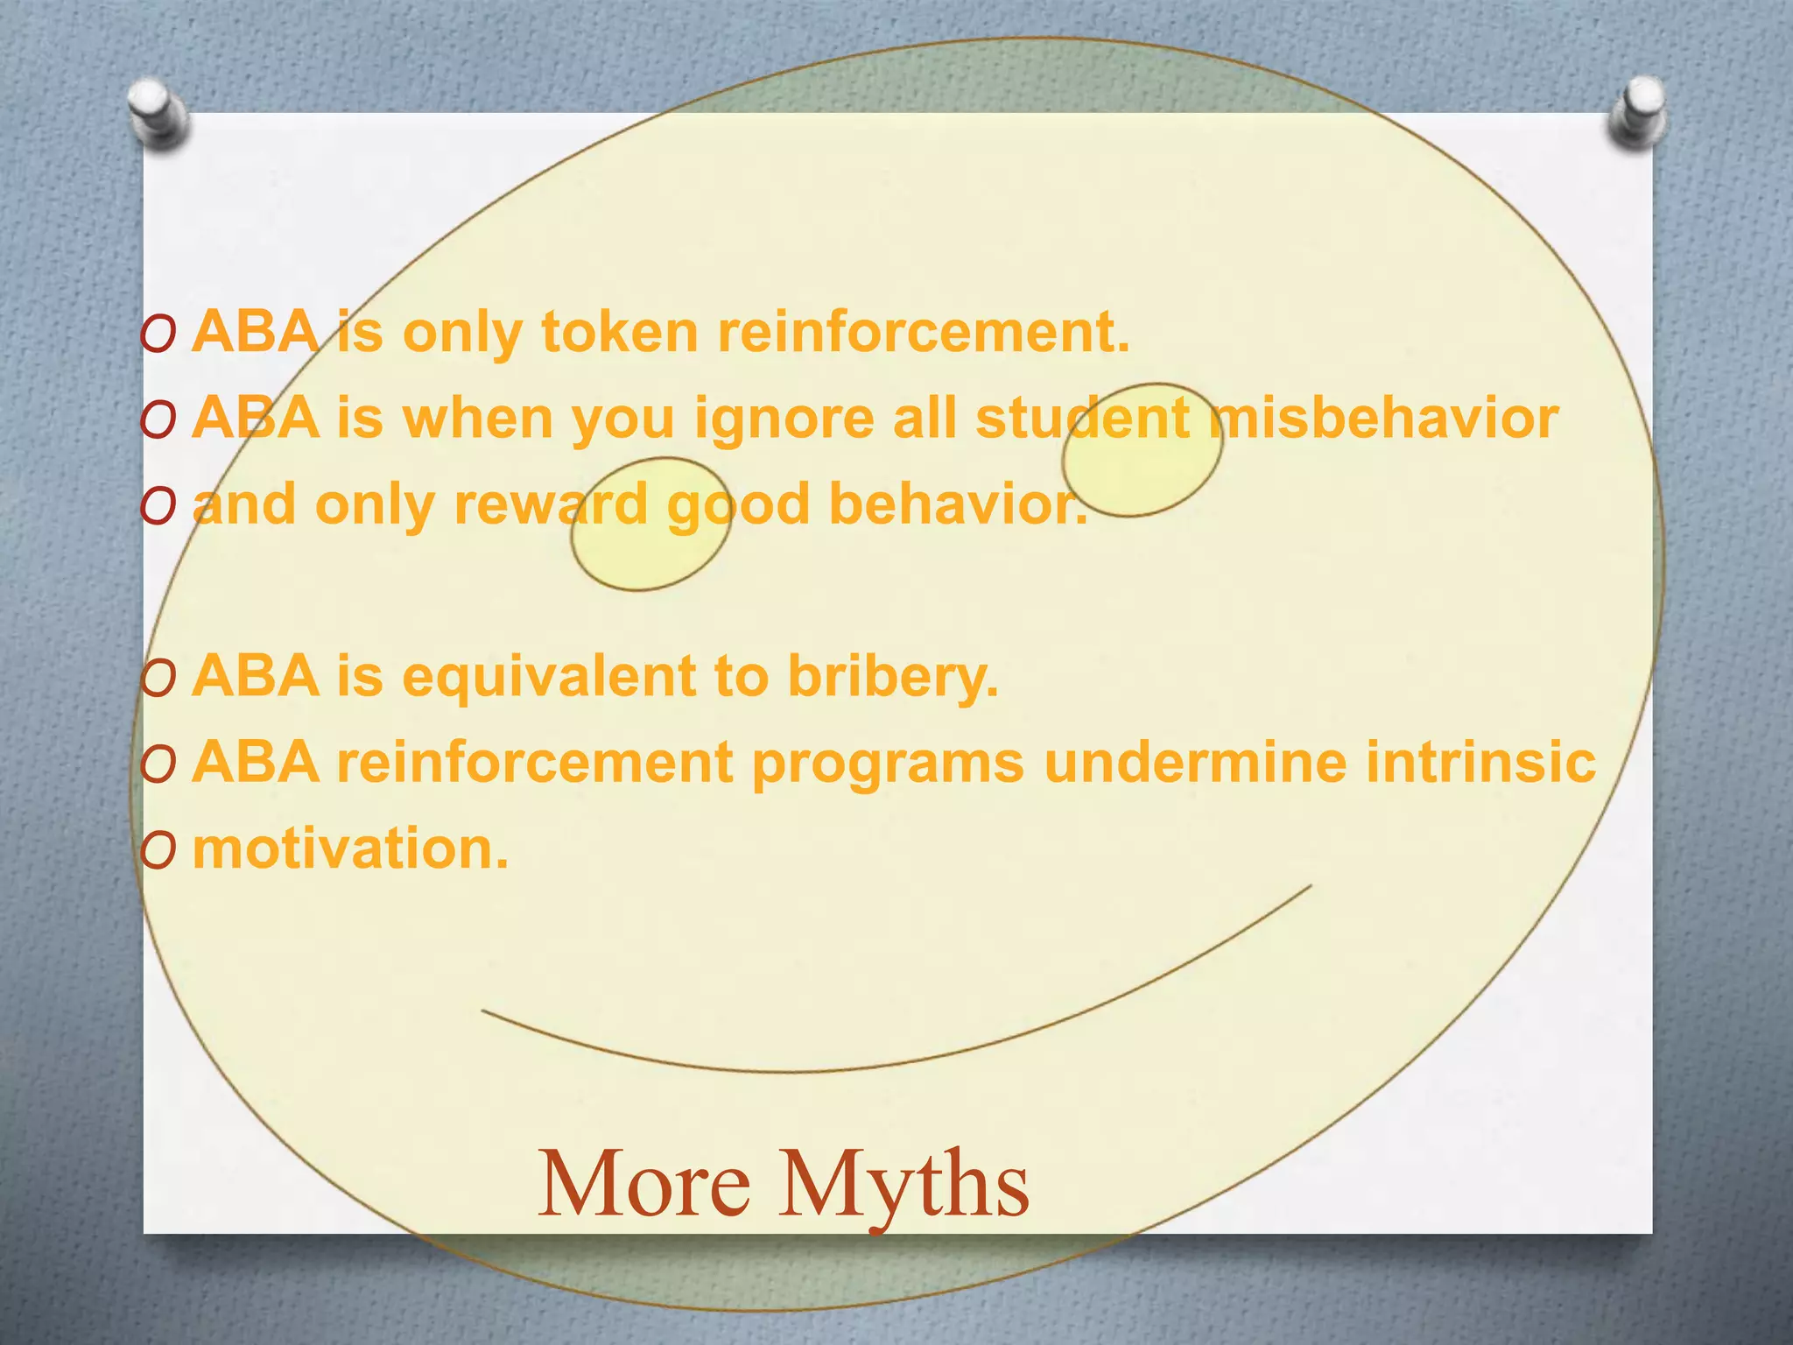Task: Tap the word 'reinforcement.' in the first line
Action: [924, 333]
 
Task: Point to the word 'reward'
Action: [550, 504]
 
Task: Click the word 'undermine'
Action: [1195, 762]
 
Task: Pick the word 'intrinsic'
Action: [1481, 762]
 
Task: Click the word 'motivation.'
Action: [350, 849]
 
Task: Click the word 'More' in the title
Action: [643, 1185]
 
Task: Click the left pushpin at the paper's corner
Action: [158, 112]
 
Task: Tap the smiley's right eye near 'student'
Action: [1143, 449]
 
